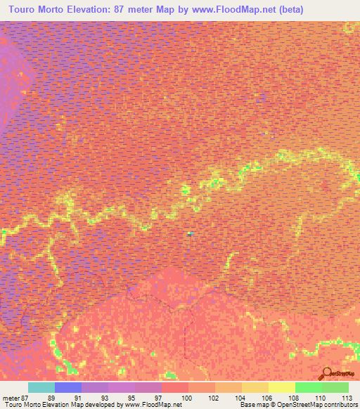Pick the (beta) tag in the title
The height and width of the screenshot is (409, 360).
(x=335, y=10)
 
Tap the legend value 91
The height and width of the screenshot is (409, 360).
(x=78, y=397)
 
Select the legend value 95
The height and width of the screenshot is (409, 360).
(x=131, y=397)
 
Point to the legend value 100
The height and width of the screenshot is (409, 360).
(x=186, y=397)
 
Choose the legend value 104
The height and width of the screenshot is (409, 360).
(x=240, y=397)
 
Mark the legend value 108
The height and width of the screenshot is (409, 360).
(x=293, y=397)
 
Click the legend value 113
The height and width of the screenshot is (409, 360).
(x=346, y=397)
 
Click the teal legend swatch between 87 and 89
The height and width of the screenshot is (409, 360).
(x=41, y=387)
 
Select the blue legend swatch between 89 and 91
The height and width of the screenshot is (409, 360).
(x=68, y=387)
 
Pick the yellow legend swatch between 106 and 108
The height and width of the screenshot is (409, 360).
(x=282, y=387)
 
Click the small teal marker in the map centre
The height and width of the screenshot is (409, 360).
(x=190, y=233)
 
